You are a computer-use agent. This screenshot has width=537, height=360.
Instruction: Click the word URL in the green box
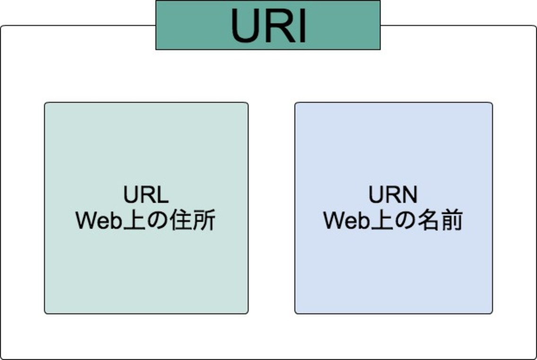(x=146, y=195)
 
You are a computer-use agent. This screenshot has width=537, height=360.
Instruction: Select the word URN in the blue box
(x=393, y=195)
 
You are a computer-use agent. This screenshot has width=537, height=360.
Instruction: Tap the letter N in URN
(x=409, y=195)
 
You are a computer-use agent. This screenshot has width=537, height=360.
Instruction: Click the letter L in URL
(x=163, y=195)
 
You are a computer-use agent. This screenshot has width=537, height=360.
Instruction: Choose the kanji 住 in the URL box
(x=182, y=221)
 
